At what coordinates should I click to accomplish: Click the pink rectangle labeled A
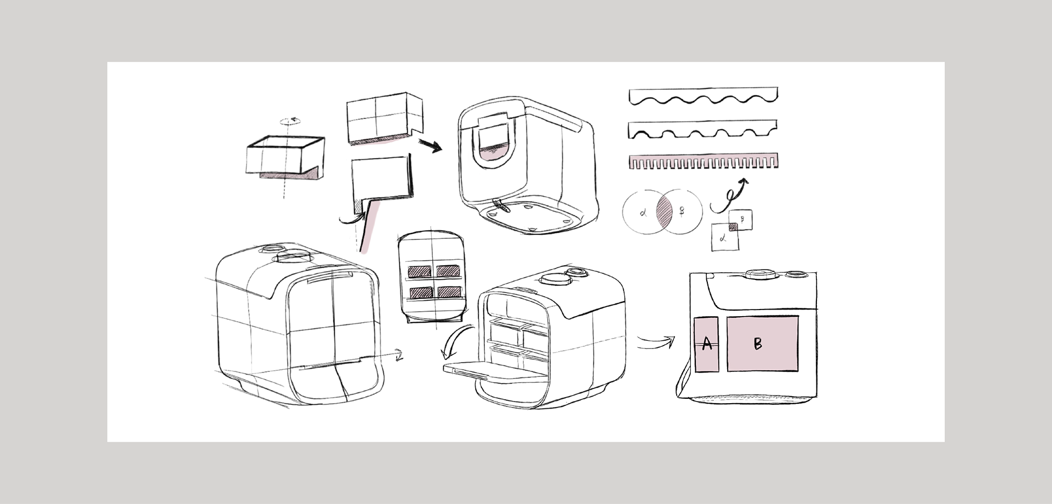point(706,345)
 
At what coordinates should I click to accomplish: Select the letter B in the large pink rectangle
point(758,344)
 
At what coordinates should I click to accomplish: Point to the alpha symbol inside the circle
point(643,213)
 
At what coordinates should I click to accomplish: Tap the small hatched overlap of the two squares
point(733,226)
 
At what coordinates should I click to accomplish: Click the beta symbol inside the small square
point(742,219)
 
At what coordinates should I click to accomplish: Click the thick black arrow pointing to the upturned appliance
point(431,146)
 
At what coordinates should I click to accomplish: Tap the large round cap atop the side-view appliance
point(759,273)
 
